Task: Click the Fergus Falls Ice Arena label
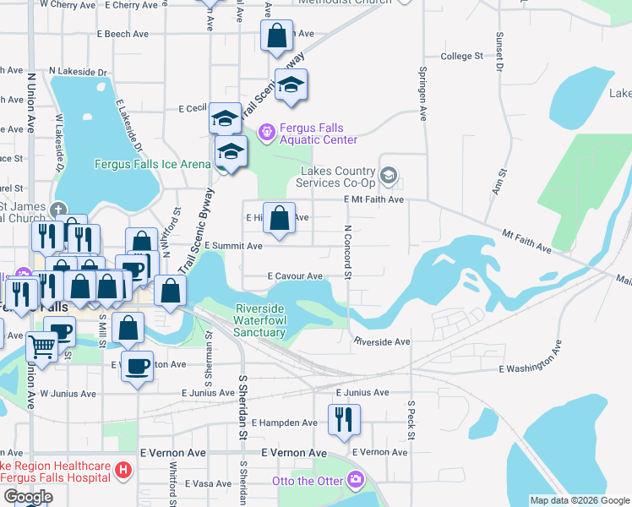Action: coord(152,164)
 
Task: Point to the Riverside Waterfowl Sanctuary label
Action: coord(260,320)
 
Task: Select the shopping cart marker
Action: coord(41,345)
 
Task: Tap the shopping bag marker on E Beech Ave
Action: coord(276,36)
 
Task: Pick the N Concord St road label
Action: coord(347,249)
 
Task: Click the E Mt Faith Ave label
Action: coord(373,199)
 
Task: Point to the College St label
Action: coord(461,57)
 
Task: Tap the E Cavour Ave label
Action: coord(296,276)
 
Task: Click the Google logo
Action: coord(28,497)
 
